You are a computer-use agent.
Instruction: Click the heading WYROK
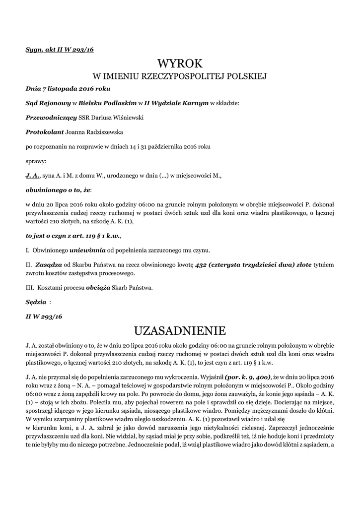[x=180, y=63]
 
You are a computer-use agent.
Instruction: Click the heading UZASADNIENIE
[x=180, y=330]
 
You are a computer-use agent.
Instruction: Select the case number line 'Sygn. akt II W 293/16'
[x=60, y=50]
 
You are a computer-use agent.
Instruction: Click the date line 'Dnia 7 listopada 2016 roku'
[x=68, y=88]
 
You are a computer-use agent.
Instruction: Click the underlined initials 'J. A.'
[x=33, y=176]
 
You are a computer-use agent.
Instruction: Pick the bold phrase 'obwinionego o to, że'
[x=58, y=190]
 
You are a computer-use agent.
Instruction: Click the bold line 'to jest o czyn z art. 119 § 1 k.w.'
[x=73, y=236]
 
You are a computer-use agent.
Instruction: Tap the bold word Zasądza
[x=50, y=265]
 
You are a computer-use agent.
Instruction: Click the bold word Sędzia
[x=36, y=302]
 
